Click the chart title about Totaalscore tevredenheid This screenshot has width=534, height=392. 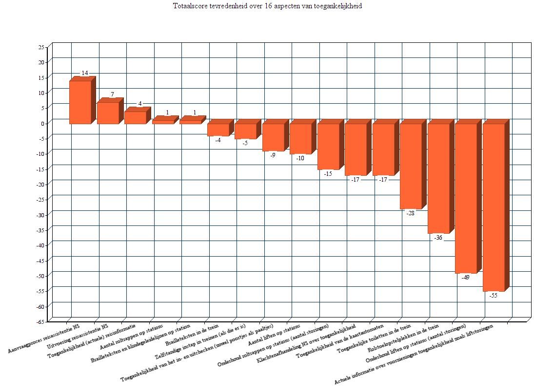[x=267, y=6]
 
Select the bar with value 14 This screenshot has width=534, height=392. [x=80, y=102]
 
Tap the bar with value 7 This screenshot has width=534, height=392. [x=108, y=113]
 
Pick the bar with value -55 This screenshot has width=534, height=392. [x=494, y=207]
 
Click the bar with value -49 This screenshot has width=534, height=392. [x=466, y=198]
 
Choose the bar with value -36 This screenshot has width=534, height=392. [x=438, y=178]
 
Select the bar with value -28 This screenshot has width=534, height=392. [x=411, y=166]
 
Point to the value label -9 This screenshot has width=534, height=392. [x=273, y=155]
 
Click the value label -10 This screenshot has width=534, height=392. [x=300, y=158]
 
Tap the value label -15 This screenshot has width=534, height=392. [x=328, y=173]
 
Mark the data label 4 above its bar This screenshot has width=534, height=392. [x=139, y=104]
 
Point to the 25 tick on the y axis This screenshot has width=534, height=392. [x=41, y=47]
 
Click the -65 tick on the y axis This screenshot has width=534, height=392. [x=40, y=321]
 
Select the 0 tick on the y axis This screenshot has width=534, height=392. [x=43, y=123]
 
